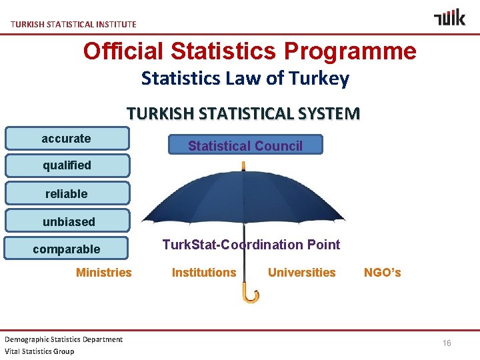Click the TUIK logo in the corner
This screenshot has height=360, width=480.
coord(449,17)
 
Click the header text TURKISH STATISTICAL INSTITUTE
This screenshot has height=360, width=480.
coord(73,24)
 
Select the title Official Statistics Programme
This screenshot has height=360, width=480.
coord(249,51)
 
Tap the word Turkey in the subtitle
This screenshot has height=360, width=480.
coord(319,79)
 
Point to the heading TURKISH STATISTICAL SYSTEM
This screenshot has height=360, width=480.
coord(243,113)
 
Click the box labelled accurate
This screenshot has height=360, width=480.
coord(67,139)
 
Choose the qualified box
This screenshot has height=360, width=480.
coord(67,165)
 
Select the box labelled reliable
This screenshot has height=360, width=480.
coord(67,194)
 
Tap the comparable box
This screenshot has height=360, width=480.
coord(66,249)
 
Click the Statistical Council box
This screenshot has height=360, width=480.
coord(245,145)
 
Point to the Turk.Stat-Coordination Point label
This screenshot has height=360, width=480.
coord(251,245)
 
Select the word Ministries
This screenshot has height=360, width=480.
coord(104,272)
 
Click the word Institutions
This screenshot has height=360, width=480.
coord(204,272)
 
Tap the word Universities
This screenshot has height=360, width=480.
coord(301,272)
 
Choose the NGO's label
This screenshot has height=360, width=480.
coord(382,272)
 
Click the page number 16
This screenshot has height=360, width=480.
coord(447,343)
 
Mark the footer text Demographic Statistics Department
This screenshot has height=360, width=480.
coord(64,339)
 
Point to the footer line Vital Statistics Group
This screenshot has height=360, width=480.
coord(40,351)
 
